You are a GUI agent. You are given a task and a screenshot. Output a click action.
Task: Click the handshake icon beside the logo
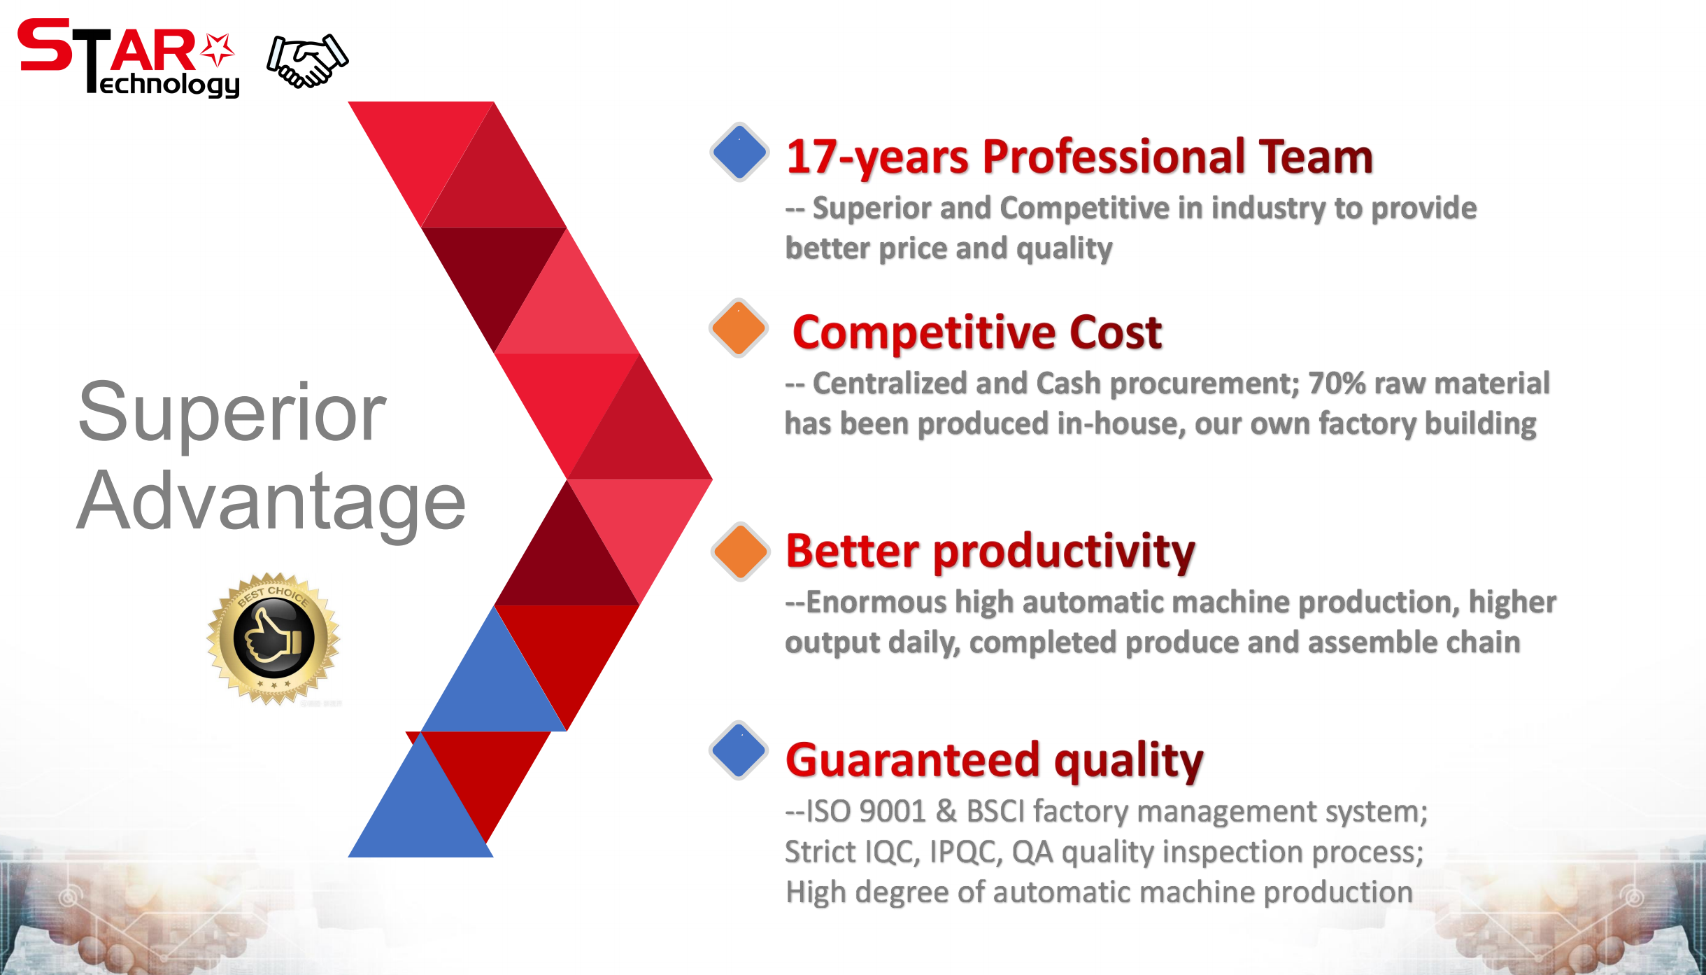(307, 61)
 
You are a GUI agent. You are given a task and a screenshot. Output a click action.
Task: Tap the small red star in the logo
(218, 50)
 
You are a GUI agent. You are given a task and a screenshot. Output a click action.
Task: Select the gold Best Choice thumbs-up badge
(273, 638)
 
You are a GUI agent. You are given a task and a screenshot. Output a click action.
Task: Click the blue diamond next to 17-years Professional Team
(739, 152)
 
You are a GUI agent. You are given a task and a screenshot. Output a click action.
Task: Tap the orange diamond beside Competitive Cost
(739, 328)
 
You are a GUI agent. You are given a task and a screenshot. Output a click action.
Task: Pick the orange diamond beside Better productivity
(740, 552)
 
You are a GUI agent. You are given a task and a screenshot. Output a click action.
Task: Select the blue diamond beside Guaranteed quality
(739, 750)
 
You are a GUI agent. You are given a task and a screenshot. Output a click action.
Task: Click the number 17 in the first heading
(811, 156)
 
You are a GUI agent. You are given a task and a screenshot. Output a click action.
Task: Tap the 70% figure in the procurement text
(1337, 384)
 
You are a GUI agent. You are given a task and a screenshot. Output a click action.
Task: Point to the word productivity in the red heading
(1065, 552)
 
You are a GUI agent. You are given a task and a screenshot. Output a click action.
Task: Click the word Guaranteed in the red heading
(913, 760)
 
